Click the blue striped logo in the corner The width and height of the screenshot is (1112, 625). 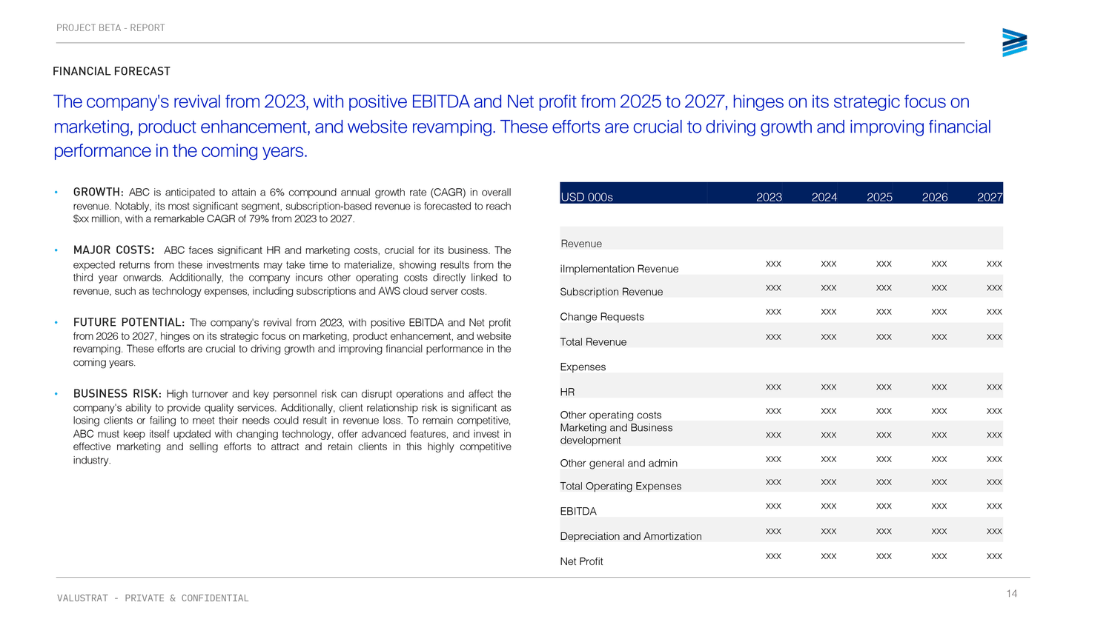coord(1014,43)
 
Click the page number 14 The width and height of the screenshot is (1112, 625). coord(1011,593)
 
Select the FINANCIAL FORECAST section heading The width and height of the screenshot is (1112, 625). coord(111,71)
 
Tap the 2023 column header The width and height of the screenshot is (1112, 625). coord(769,197)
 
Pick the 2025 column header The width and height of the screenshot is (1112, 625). coord(879,197)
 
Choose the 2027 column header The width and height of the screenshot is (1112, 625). coord(990,197)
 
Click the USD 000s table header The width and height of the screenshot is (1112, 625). coord(586,197)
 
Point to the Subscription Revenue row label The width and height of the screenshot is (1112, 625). coord(611,292)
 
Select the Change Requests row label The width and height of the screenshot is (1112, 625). coord(602,317)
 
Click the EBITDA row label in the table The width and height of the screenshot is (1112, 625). coord(578,512)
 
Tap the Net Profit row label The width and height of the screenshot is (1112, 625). coord(581,561)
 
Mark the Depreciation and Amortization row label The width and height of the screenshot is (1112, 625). coord(630,536)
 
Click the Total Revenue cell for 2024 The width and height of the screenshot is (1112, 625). coord(829,337)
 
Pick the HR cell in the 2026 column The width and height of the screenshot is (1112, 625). coord(939,387)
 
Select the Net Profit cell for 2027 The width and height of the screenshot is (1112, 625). coord(994,556)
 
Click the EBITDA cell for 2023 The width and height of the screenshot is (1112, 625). coord(773,507)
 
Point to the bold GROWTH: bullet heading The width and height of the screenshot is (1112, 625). coord(98,193)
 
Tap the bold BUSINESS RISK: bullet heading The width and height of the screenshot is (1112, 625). coord(117,394)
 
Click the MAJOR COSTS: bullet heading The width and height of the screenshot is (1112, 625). coord(113,250)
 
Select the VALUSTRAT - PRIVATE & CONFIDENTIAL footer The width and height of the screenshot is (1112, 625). coord(153,598)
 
